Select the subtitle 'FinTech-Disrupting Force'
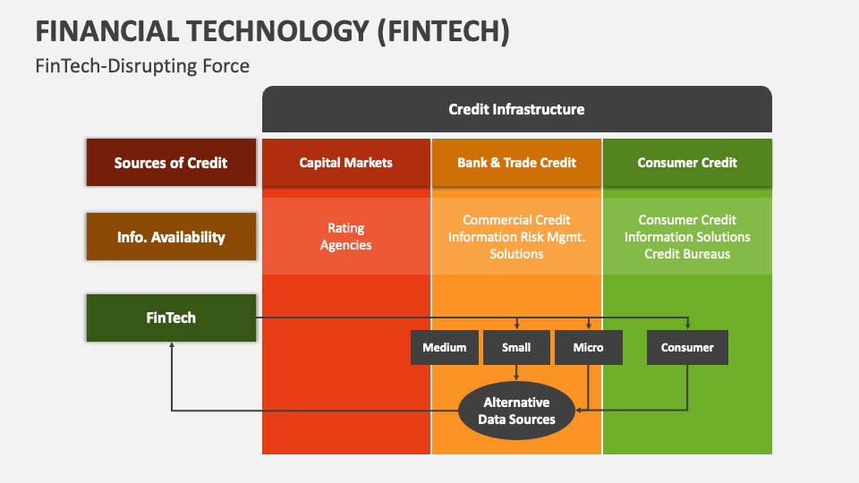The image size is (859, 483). [x=142, y=66]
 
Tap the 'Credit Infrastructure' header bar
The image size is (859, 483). [x=516, y=109]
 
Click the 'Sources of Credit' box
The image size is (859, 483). [x=171, y=163]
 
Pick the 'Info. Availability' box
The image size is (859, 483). [x=171, y=237]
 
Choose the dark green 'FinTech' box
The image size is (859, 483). [x=171, y=318]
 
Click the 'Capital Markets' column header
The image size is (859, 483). [x=345, y=163]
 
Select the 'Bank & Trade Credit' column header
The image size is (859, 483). [x=516, y=163]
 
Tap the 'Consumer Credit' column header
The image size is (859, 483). [x=687, y=163]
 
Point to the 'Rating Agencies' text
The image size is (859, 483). [x=345, y=236]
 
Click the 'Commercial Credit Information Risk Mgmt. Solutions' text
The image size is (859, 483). [x=516, y=236]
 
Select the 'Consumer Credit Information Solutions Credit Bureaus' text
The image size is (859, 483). [x=687, y=236]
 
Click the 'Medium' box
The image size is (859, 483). [x=445, y=347]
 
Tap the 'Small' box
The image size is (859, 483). [x=516, y=347]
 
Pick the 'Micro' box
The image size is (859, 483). [x=588, y=347]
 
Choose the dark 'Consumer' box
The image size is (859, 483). [x=687, y=347]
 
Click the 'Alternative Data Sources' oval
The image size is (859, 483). [x=516, y=411]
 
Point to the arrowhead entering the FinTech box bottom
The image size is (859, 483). [x=171, y=346]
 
